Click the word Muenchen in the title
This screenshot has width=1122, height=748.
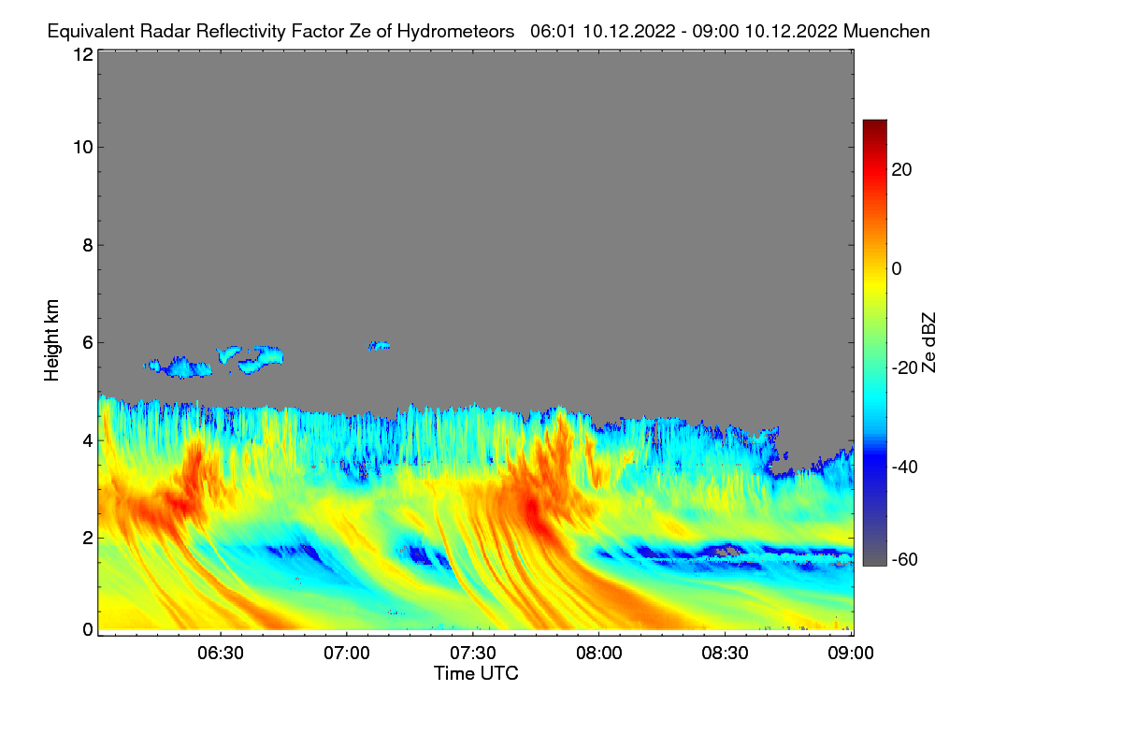tap(885, 31)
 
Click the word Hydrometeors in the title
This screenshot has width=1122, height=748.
tap(455, 31)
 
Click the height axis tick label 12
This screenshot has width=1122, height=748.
tap(82, 54)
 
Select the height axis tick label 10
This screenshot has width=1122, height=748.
tap(82, 147)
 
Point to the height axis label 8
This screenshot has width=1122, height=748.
tap(87, 245)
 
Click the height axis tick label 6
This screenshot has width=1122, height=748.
tap(87, 342)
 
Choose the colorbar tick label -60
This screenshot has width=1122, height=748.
tap(905, 560)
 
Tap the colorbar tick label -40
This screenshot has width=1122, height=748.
tap(905, 467)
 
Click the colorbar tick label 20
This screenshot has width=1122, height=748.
tap(902, 169)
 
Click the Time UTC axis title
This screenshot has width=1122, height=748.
tap(475, 673)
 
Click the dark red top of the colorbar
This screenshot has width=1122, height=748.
tap(874, 125)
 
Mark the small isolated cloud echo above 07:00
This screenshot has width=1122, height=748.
tap(379, 346)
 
